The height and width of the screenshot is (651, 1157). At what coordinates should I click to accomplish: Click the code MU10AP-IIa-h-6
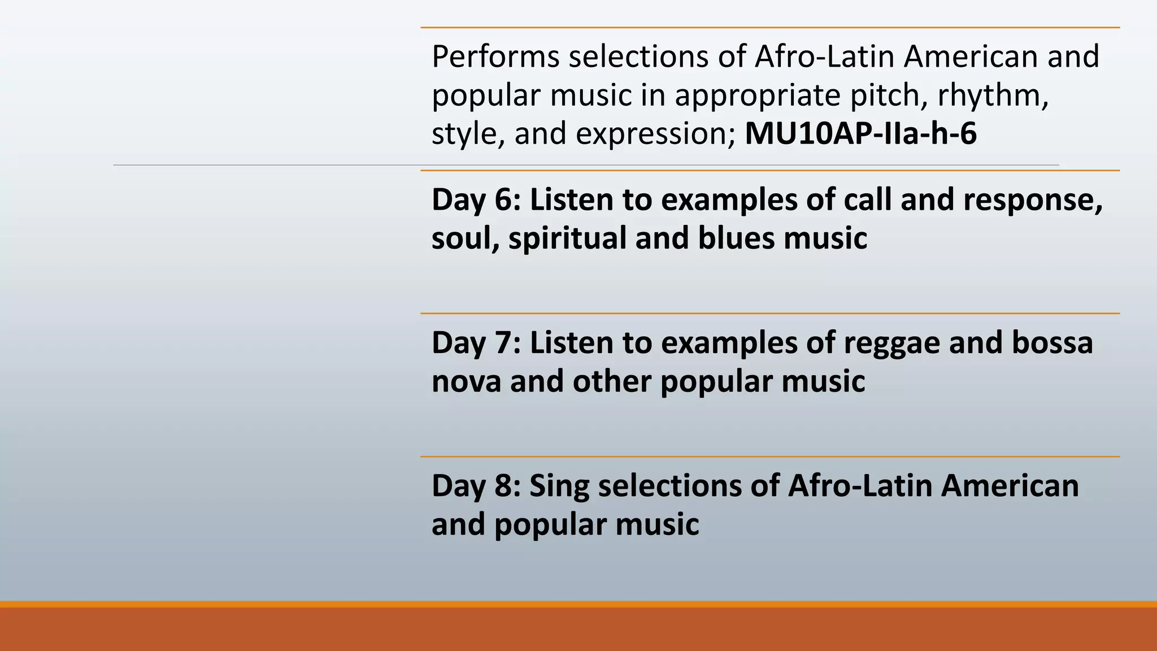(860, 134)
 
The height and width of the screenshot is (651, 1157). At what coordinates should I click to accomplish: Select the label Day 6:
(476, 200)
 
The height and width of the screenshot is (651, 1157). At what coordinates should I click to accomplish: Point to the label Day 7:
(476, 343)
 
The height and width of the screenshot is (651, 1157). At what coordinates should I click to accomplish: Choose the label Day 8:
(476, 486)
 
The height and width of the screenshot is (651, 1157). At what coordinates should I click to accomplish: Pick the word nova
(466, 381)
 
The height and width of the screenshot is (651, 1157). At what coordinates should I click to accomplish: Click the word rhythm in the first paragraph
(993, 95)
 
